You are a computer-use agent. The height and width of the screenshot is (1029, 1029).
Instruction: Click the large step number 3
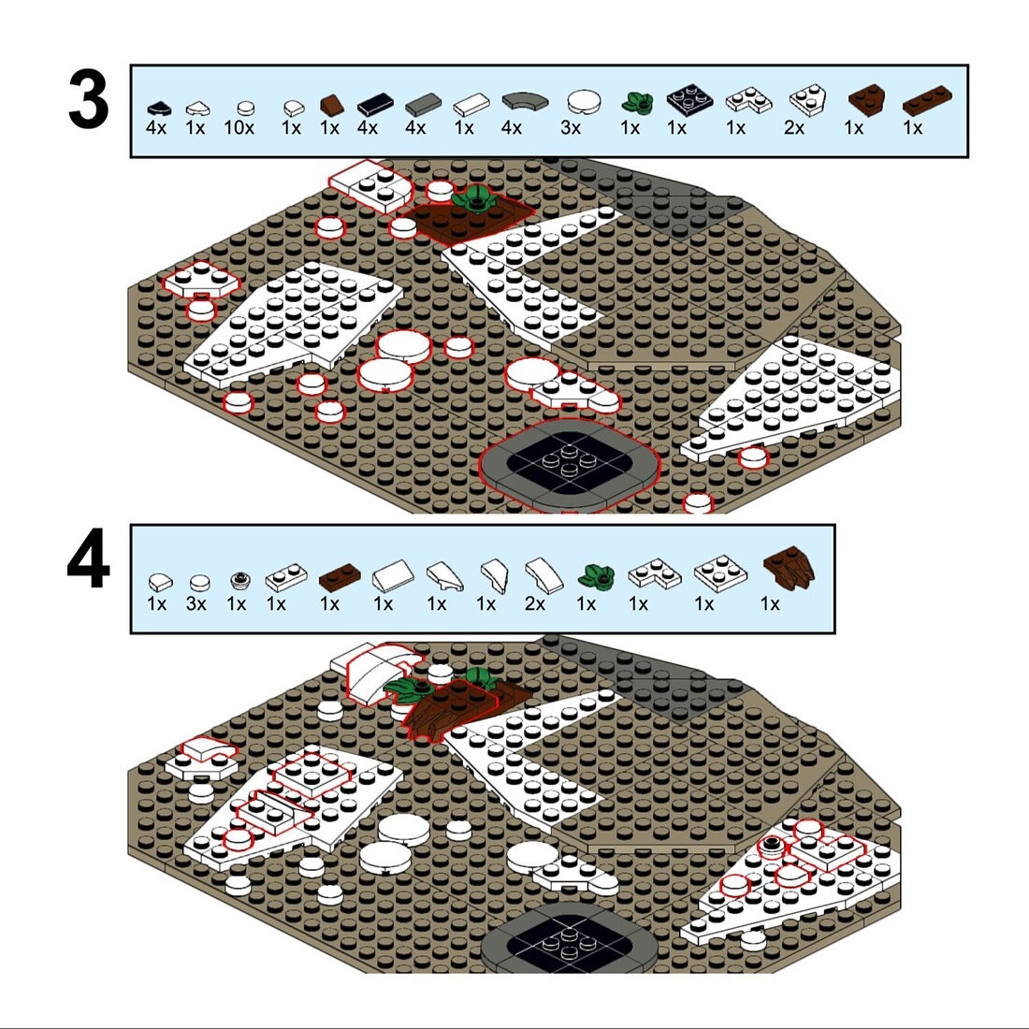88,102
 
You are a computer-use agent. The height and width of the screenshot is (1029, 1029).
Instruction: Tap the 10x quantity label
239,128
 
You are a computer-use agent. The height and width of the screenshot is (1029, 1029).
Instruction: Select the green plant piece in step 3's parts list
637,102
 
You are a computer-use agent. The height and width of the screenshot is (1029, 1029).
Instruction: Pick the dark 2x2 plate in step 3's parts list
689,99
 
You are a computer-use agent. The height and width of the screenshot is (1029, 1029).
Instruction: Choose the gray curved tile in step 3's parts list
525,101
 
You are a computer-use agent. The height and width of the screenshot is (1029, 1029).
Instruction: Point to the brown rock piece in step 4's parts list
790,568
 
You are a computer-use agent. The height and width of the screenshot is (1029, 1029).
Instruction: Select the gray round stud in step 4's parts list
240,580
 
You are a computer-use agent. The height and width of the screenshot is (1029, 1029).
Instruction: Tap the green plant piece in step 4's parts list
596,575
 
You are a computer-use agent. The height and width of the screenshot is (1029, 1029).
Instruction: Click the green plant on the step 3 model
474,196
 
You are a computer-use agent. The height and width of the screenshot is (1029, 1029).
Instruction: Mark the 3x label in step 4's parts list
196,603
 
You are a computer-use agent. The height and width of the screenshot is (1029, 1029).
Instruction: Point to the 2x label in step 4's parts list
535,603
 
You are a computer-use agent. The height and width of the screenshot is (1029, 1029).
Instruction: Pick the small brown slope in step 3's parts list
331,105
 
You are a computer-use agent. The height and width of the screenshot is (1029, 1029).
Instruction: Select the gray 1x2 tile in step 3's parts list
423,104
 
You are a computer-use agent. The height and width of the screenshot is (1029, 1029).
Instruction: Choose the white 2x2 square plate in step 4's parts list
720,572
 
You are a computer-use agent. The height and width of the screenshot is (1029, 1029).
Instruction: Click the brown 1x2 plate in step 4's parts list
340,576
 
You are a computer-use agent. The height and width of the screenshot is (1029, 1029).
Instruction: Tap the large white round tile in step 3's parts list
584,102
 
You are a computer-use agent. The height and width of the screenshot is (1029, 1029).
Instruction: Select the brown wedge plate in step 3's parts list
866,101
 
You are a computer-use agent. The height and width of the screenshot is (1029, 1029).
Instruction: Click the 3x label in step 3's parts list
571,128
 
